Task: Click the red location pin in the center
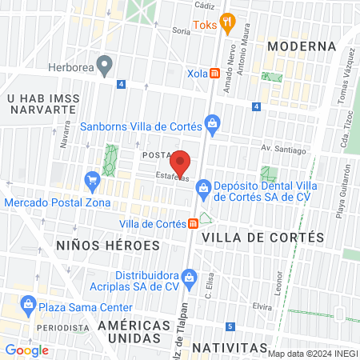(x=182, y=162)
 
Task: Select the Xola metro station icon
(x=214, y=74)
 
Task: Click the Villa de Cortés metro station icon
(x=193, y=223)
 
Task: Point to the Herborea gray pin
(x=104, y=63)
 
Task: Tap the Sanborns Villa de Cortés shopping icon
(x=212, y=123)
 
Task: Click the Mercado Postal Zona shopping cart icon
(x=93, y=179)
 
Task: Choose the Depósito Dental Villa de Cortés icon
(x=203, y=187)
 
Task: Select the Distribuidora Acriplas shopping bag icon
(x=189, y=278)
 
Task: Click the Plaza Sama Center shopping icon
(x=29, y=304)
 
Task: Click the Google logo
(x=26, y=350)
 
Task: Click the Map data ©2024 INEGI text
(x=313, y=354)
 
